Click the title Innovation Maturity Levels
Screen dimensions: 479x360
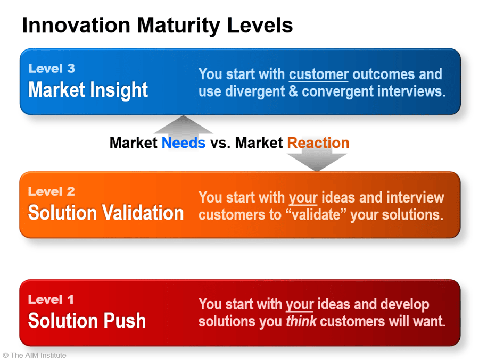158,26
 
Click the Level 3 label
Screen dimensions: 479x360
52,69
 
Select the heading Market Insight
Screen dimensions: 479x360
88,90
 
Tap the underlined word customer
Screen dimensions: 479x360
319,74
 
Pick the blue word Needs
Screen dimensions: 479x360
184,143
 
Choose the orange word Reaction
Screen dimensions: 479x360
318,143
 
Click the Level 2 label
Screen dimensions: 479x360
51,191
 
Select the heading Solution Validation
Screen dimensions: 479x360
106,213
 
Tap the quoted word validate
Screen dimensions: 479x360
316,215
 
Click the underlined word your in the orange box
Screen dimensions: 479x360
303,198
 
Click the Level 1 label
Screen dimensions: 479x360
51,299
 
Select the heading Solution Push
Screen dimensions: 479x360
87,321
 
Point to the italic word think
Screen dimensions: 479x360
301,321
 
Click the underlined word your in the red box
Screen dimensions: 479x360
300,305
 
